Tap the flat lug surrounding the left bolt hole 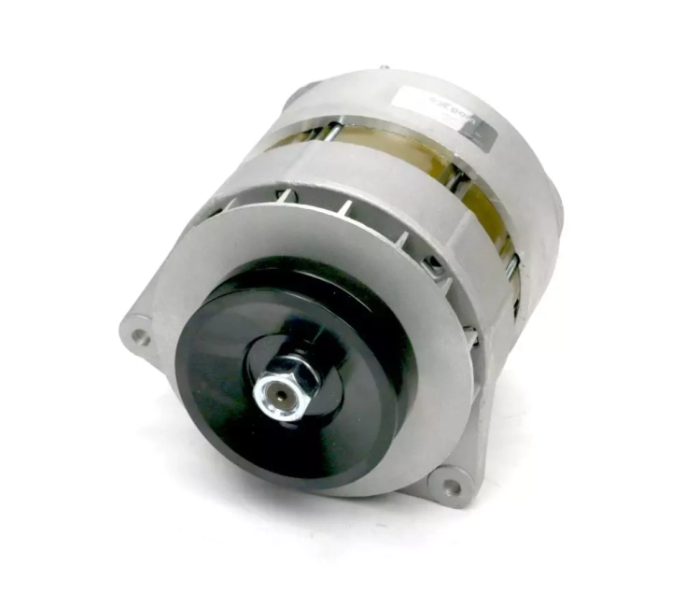137,329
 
